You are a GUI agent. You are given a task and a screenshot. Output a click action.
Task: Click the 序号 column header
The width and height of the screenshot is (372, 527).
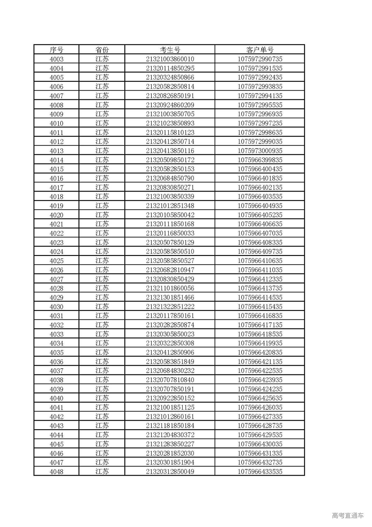pyautogui.click(x=56, y=49)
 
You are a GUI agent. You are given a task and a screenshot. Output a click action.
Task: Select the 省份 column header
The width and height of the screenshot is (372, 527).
pyautogui.click(x=102, y=49)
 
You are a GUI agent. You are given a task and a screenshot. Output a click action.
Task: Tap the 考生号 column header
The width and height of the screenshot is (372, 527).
pyautogui.click(x=170, y=49)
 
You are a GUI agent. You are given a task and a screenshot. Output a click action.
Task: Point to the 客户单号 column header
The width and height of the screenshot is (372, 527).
pyautogui.click(x=260, y=49)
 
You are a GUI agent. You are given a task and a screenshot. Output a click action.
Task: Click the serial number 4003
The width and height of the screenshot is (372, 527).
pyautogui.click(x=56, y=59)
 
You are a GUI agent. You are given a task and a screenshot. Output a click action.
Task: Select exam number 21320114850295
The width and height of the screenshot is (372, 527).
pyautogui.click(x=170, y=68)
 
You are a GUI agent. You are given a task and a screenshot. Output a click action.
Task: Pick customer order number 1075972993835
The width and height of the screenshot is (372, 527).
pyautogui.click(x=260, y=87)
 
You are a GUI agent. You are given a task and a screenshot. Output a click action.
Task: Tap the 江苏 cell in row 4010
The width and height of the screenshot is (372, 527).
pyautogui.click(x=102, y=123)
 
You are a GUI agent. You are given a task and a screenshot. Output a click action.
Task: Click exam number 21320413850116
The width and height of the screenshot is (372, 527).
pyautogui.click(x=170, y=151)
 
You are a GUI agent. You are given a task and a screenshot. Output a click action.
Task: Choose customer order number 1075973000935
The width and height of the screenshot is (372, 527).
pyautogui.click(x=260, y=151)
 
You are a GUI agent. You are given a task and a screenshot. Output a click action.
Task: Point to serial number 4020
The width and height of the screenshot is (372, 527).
pyautogui.click(x=56, y=215)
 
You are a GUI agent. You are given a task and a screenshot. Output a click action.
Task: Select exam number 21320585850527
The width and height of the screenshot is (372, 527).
pyautogui.click(x=170, y=261)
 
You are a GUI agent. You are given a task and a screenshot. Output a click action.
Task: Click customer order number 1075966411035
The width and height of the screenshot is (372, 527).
pyautogui.click(x=260, y=270)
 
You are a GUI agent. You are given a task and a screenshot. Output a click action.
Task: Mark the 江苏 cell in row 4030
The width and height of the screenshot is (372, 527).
pyautogui.click(x=102, y=307)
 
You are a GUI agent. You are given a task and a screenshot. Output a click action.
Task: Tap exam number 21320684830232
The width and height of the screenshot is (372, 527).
pyautogui.click(x=170, y=371)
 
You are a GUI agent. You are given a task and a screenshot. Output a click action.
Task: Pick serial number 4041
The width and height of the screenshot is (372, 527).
pyautogui.click(x=56, y=408)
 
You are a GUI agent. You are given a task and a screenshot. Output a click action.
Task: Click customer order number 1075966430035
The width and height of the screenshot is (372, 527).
pyautogui.click(x=260, y=444)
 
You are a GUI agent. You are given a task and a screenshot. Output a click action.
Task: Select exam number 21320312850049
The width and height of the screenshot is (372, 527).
pyautogui.click(x=170, y=471)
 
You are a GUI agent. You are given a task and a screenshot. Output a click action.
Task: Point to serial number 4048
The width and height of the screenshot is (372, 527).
pyautogui.click(x=56, y=472)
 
